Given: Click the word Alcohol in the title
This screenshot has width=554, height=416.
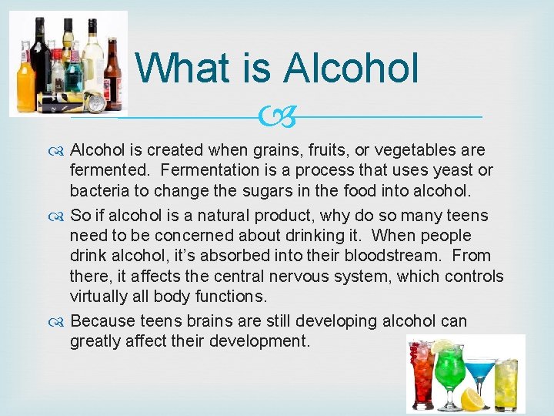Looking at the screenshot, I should (352, 68).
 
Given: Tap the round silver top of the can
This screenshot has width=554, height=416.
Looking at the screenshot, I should (95, 102).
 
